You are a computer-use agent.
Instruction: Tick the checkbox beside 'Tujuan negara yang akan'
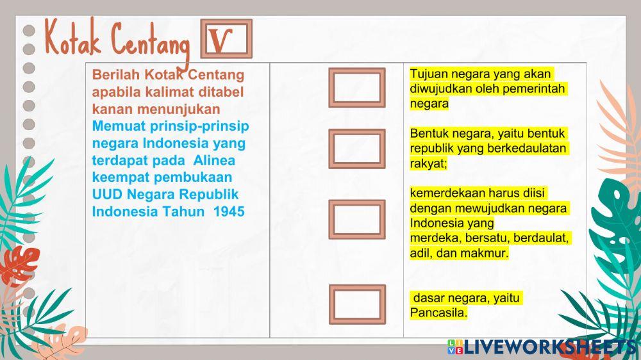tap(357, 88)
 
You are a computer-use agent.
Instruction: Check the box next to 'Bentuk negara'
tap(357, 149)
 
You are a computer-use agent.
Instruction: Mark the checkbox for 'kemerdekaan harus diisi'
tap(357, 220)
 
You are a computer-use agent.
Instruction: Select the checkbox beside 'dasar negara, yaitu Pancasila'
tap(357, 304)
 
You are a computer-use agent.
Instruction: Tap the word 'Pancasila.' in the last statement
tap(439, 313)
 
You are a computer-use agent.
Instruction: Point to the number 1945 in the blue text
tap(229, 211)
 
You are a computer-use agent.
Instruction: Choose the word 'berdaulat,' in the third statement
tap(544, 238)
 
